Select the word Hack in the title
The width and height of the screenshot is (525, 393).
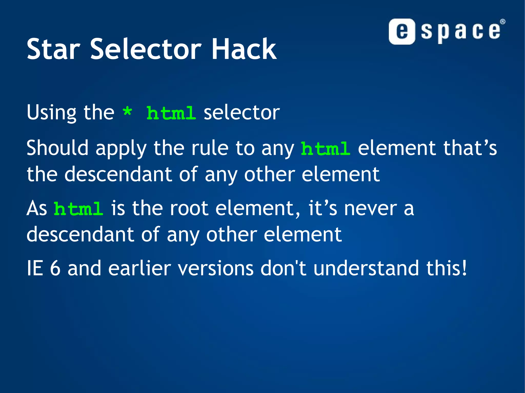pyautogui.click(x=244, y=49)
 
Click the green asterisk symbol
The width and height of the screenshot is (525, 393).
pyautogui.click(x=127, y=112)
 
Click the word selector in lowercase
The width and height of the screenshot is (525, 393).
pyautogui.click(x=241, y=113)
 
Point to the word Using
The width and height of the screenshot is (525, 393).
pyautogui.click(x=52, y=113)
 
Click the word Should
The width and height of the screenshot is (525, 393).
pyautogui.click(x=57, y=148)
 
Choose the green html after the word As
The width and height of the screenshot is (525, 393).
pyautogui.click(x=78, y=209)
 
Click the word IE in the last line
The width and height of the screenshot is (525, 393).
pyautogui.click(x=35, y=268)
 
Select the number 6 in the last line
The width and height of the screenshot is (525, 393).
pyautogui.click(x=55, y=268)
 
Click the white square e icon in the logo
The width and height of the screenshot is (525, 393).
pyautogui.click(x=402, y=31)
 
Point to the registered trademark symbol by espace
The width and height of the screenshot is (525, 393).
pyautogui.click(x=503, y=22)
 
